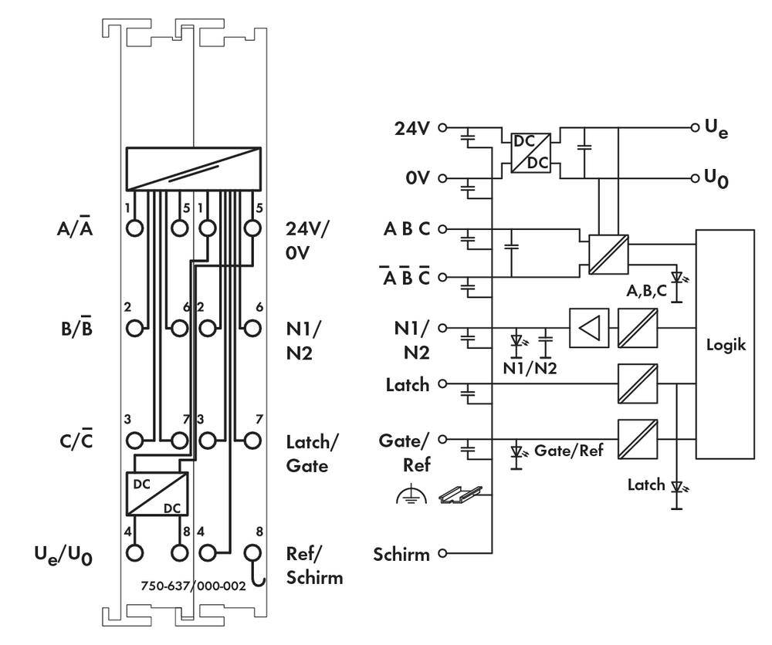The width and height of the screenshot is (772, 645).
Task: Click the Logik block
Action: [726, 344]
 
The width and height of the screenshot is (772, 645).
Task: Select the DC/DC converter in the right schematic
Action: [529, 153]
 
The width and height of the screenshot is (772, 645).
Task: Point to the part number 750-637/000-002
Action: [193, 586]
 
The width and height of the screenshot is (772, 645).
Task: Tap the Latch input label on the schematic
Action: [406, 383]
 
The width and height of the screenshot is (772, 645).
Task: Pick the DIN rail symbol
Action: [460, 495]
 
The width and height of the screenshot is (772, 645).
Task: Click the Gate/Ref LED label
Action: [567, 451]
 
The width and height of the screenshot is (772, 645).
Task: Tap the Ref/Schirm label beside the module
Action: [313, 566]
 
